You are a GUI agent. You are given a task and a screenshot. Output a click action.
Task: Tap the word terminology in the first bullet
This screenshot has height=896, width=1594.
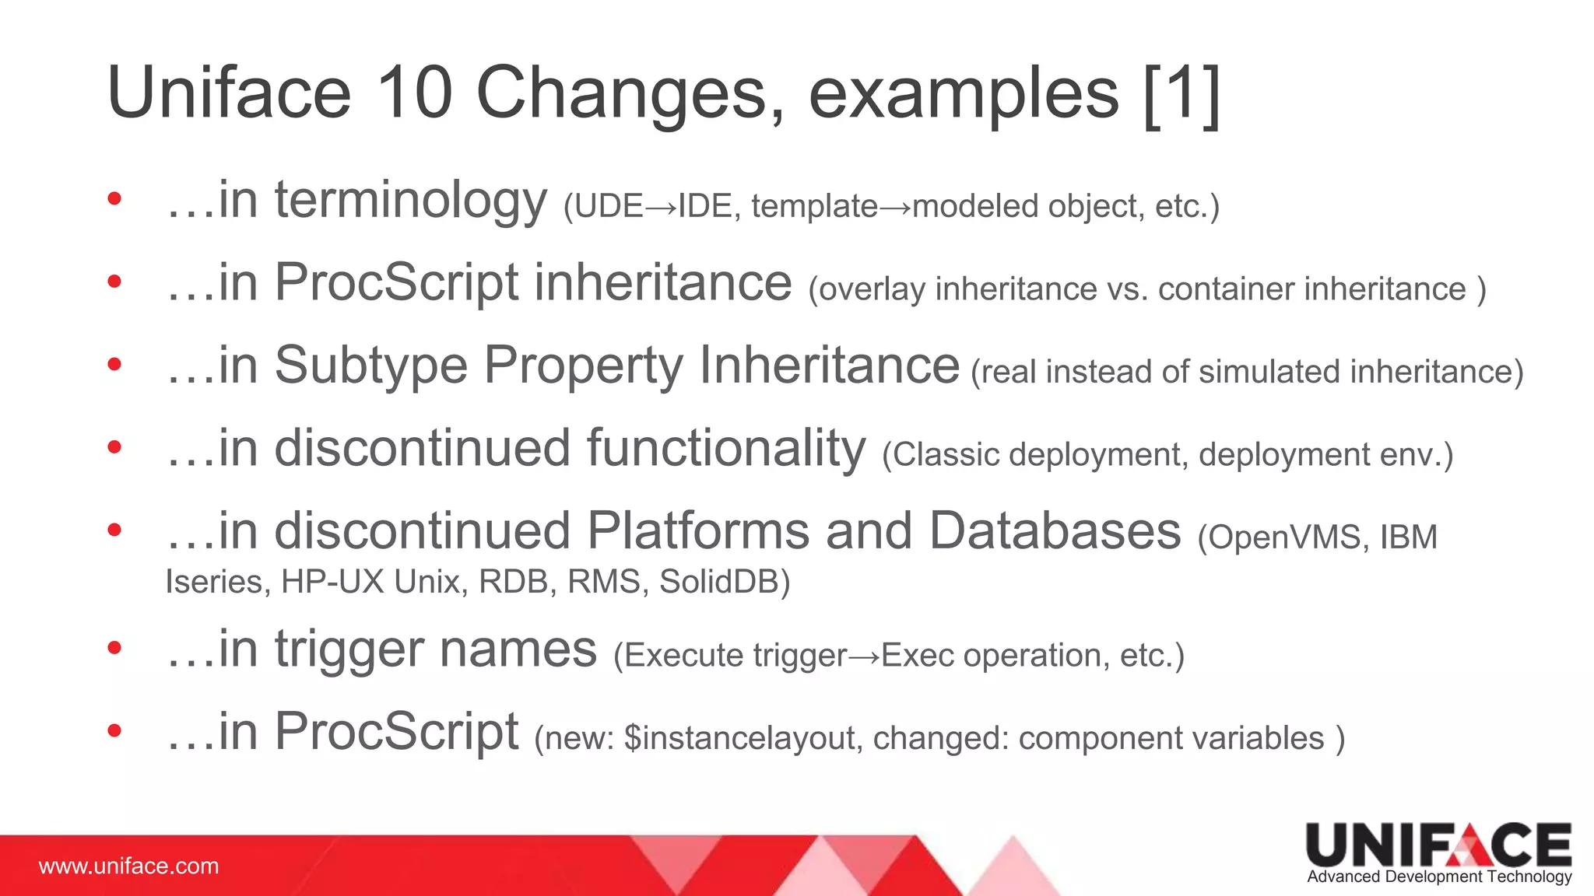410,201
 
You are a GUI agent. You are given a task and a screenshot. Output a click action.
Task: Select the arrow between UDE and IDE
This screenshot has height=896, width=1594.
661,207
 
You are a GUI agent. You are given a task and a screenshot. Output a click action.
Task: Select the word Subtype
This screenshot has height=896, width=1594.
370,365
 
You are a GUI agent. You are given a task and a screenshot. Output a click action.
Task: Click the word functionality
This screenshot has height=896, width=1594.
725,449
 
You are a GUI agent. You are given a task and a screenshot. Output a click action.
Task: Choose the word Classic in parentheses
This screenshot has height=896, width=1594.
946,455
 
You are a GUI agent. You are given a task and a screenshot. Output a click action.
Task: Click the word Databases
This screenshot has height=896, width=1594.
1055,531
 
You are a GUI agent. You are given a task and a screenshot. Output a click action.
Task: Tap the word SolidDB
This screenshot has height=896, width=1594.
724,582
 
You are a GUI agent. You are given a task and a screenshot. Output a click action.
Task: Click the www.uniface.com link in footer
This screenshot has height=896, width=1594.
129,866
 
